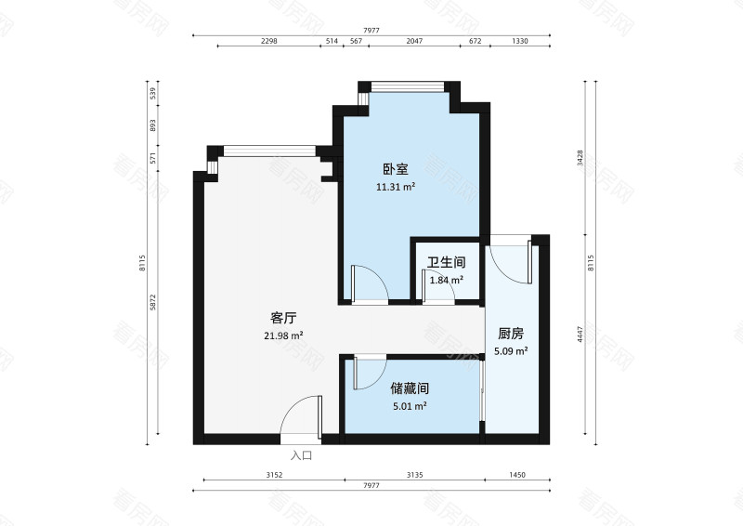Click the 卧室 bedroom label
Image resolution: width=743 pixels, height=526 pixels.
click(395, 170)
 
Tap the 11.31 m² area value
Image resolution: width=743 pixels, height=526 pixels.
click(395, 186)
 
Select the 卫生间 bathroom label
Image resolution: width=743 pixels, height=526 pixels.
click(446, 263)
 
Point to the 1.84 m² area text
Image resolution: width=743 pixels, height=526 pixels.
click(446, 279)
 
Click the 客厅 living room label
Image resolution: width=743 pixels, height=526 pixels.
click(283, 319)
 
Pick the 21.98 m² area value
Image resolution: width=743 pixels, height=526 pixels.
click(283, 335)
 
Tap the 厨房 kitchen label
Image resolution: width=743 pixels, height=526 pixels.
click(512, 334)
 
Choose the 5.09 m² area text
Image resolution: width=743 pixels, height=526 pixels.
click(512, 350)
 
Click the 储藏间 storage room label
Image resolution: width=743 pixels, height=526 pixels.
click(410, 388)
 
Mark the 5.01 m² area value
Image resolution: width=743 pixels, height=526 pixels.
click(410, 405)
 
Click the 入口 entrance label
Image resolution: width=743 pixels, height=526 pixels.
click(301, 455)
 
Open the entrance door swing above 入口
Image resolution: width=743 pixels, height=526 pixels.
click(302, 415)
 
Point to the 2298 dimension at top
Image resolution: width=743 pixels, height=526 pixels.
click(269, 41)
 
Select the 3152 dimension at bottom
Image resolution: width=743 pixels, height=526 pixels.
click(273, 475)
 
